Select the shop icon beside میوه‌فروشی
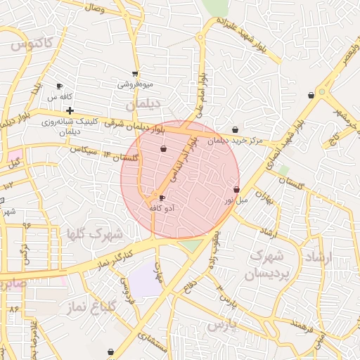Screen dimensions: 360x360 pyautogui.click(x=135, y=74)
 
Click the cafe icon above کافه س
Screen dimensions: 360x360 pyautogui.click(x=59, y=86)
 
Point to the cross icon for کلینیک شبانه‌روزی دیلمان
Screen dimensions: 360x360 pyautogui.click(x=70, y=110)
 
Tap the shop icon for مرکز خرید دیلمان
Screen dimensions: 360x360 pyautogui.click(x=235, y=130)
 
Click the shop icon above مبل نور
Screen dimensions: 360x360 pyautogui.click(x=236, y=190)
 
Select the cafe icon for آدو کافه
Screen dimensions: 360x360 pyautogui.click(x=162, y=198)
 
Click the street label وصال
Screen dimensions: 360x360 pyautogui.click(x=94, y=9)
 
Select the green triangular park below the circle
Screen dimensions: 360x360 pyautogui.click(x=191, y=245)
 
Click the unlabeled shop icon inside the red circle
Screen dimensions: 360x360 pyautogui.click(x=164, y=149)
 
